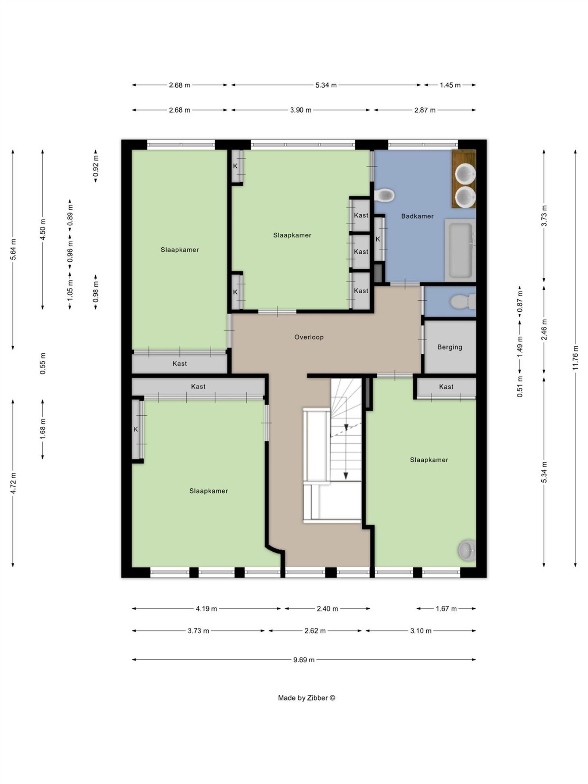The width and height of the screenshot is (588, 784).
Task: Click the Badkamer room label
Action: coord(417,216)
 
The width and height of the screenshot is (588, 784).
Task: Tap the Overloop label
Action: coord(309,337)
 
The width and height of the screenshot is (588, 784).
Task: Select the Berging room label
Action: coord(449,347)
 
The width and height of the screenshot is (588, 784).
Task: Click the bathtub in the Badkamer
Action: coord(459,250)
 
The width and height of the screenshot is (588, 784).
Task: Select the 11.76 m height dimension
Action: coord(575,358)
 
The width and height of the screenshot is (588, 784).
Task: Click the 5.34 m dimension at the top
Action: coord(326,85)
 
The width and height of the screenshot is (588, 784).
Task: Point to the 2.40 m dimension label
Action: coord(327,609)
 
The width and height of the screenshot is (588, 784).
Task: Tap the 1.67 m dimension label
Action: coord(446,609)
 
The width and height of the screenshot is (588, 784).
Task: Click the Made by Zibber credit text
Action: coord(306,698)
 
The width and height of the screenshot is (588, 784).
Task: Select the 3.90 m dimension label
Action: coord(301,110)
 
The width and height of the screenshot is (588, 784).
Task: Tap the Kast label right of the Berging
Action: coord(446,387)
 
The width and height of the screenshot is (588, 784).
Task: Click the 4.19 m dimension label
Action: coord(206,609)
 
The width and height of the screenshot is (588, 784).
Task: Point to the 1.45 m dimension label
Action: coord(450,85)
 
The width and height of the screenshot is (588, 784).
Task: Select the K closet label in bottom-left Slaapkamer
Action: coord(136,429)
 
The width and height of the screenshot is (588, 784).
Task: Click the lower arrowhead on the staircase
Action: coord(345,476)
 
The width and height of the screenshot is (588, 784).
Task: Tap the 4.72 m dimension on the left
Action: coord(13,483)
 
